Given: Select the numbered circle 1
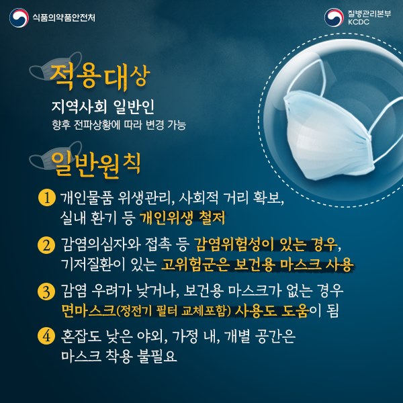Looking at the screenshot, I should pyautogui.click(x=46, y=198).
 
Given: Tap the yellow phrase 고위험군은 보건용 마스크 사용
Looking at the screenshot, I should pyautogui.click(x=257, y=262).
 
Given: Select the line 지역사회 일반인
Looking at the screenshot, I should pyautogui.click(x=103, y=108).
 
